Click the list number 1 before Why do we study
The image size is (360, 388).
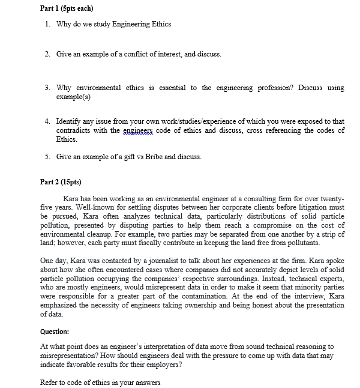click(47, 24)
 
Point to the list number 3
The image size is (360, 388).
click(47, 88)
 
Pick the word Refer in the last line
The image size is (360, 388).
click(50, 382)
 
